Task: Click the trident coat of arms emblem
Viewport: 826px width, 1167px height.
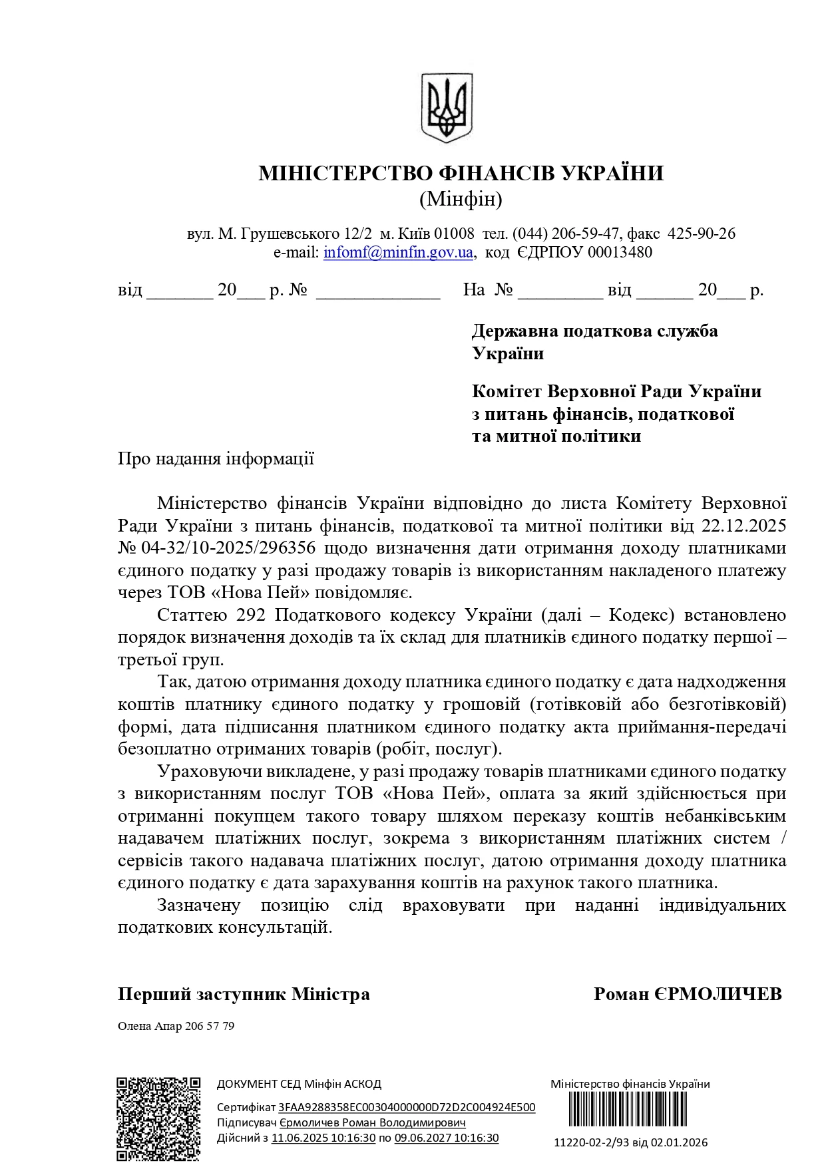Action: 447,107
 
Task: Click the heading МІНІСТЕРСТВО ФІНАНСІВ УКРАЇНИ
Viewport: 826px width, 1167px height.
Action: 461,174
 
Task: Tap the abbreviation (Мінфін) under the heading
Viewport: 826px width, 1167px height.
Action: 461,199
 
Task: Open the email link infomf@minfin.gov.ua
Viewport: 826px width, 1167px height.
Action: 398,253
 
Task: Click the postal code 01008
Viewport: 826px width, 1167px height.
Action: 454,234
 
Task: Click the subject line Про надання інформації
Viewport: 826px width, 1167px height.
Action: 216,459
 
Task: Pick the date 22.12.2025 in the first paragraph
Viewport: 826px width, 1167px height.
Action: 743,526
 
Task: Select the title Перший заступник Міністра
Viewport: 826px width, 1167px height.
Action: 244,994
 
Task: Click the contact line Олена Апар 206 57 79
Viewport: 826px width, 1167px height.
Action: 176,1026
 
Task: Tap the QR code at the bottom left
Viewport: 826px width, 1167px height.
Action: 158,1119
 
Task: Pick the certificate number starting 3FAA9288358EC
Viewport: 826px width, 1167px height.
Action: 407,1108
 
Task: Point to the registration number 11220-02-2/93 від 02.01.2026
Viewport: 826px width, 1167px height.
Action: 630,1143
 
